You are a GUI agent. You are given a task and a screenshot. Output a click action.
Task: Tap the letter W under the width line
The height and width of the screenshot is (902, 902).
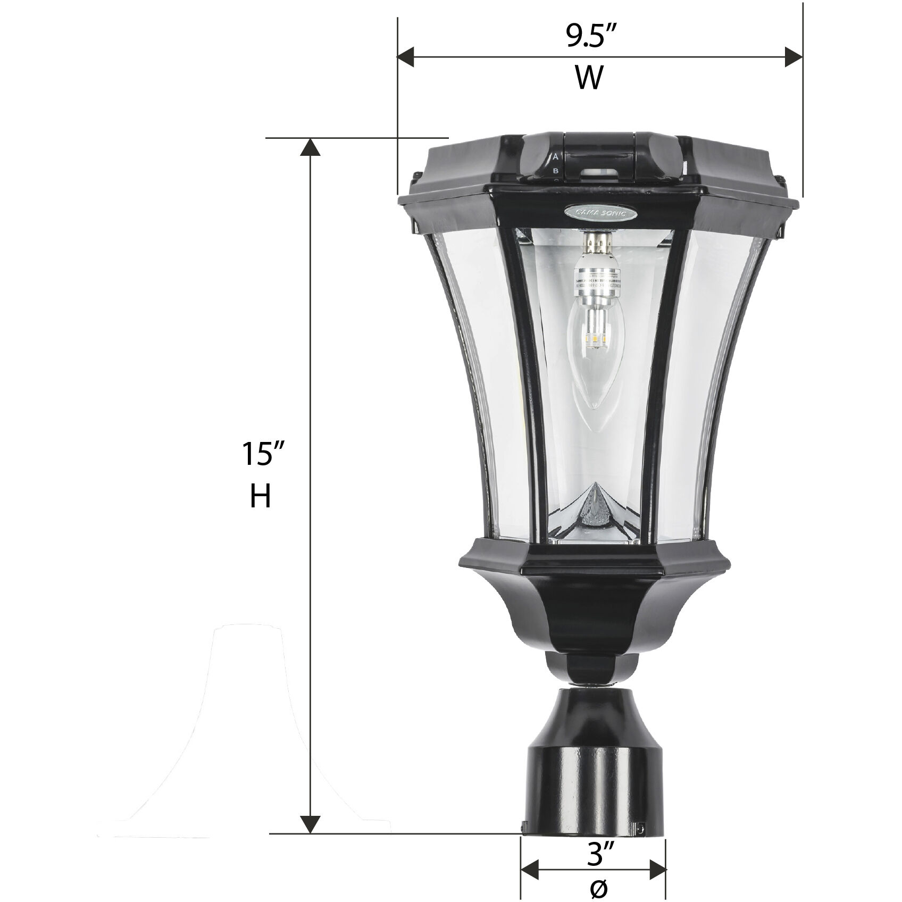tap(589, 78)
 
